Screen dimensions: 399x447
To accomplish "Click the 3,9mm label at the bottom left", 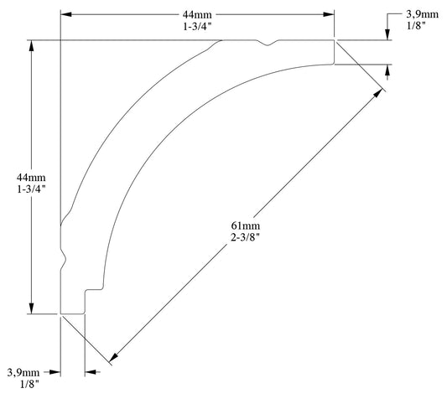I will click(23, 371).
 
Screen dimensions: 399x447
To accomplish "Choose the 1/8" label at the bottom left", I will click(23, 385).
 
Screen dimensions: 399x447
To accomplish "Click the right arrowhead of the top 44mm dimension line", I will click(329, 14).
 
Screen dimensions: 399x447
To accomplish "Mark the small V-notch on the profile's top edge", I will click(268, 44).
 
